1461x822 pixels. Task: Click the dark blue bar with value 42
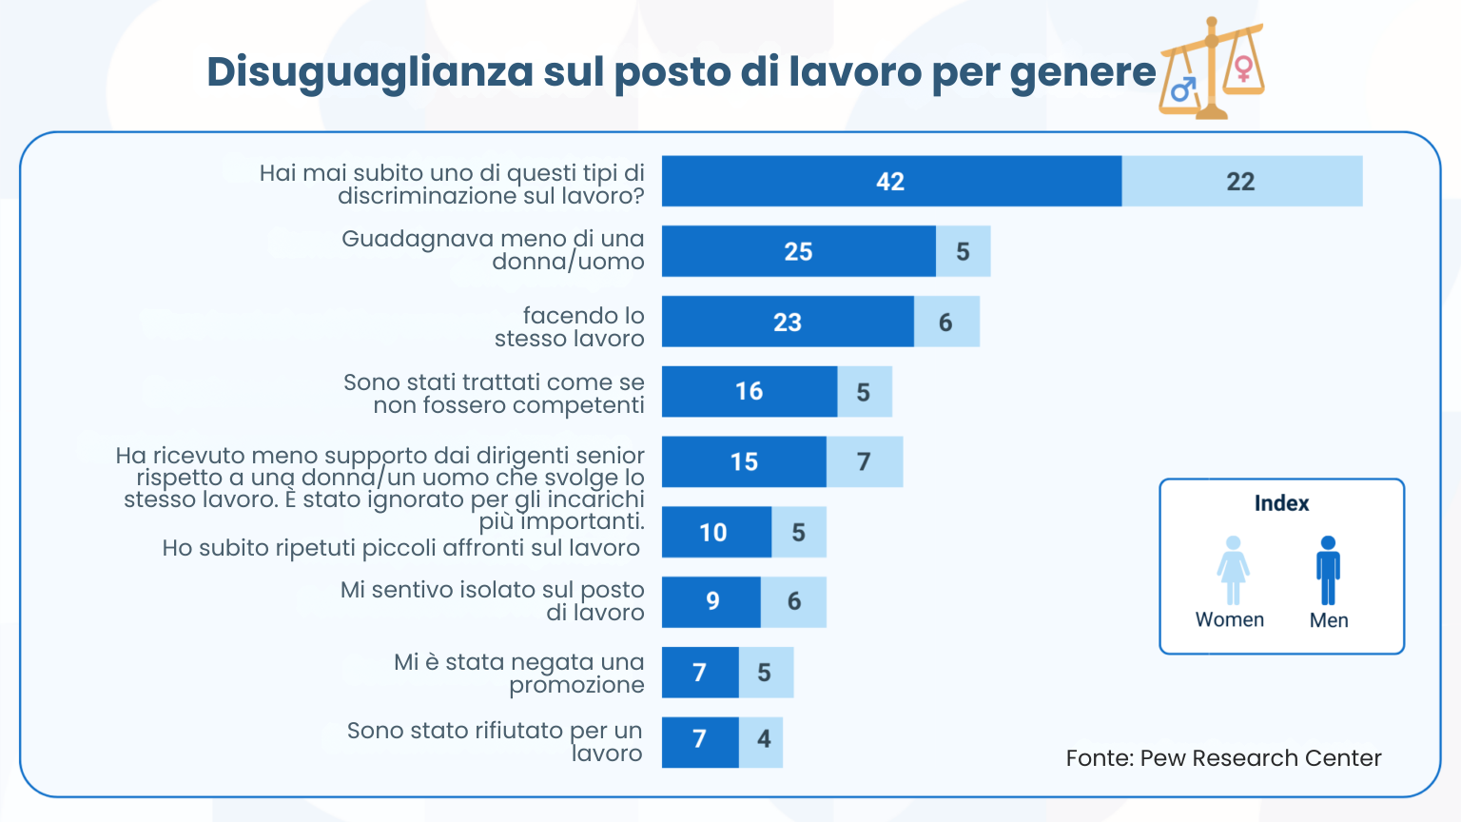coord(891,181)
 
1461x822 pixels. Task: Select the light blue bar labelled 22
coord(1241,181)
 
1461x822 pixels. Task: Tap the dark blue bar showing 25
coord(798,251)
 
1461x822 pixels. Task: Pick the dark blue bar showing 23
coord(788,322)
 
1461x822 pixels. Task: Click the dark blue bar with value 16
coord(750,391)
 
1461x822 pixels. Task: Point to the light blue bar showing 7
coord(864,461)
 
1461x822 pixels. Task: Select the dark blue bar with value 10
coord(715,532)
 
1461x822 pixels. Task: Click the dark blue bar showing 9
coord(711,601)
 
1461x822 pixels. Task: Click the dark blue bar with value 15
coord(744,461)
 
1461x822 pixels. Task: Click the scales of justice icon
coord(1211,68)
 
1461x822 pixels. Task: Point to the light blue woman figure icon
coord(1233,570)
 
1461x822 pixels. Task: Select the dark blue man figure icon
coord(1328,570)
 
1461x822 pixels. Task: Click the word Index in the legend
coord(1281,503)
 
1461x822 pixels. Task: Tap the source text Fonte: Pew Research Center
coord(1223,758)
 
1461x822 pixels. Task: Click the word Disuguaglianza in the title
coord(370,72)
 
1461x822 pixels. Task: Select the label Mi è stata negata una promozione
coord(518,673)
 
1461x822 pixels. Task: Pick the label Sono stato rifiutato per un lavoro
coord(495,742)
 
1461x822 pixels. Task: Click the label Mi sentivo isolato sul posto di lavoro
coord(492,601)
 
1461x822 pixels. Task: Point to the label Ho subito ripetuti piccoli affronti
coord(400,548)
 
